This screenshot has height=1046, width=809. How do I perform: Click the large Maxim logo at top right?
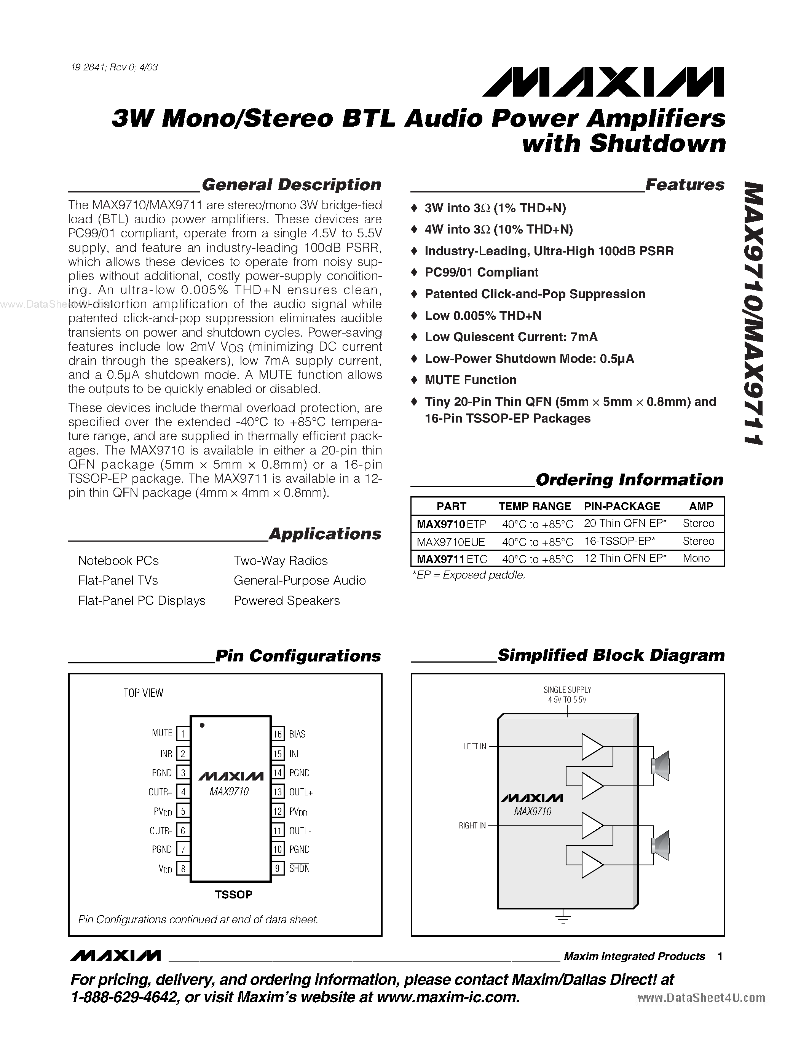pyautogui.click(x=603, y=83)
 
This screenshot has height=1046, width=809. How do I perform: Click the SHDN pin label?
pyautogui.click(x=300, y=868)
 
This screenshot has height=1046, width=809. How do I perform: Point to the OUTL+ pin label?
pyautogui.click(x=301, y=792)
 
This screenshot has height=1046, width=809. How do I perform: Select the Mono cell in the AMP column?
pyautogui.click(x=696, y=558)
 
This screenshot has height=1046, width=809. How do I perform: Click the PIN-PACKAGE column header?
pyautogui.click(x=622, y=506)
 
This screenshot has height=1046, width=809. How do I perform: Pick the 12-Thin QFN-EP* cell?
pyautogui.click(x=625, y=558)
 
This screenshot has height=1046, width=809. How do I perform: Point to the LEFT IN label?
pyautogui.click(x=474, y=747)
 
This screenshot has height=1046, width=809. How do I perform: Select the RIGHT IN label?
pyautogui.click(x=472, y=826)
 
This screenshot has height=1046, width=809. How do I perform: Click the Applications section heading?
pyautogui.click(x=325, y=534)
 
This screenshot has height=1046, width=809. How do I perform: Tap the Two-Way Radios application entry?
pyautogui.click(x=280, y=561)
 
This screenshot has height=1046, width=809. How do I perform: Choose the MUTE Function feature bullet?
pyautogui.click(x=470, y=380)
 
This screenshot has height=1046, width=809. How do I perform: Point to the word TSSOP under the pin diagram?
pyautogui.click(x=233, y=895)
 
